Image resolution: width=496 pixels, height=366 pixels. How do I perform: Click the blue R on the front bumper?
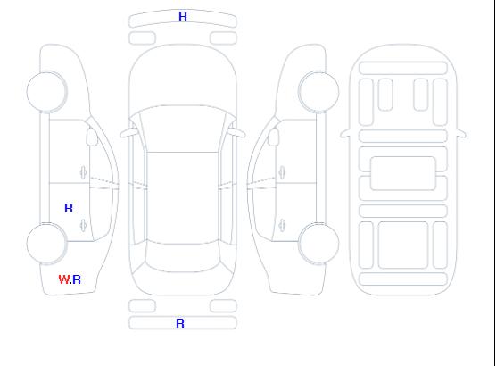pyautogui.click(x=183, y=16)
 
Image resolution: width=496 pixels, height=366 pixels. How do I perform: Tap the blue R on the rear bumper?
pyautogui.click(x=180, y=323)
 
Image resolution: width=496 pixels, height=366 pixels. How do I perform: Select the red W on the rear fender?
pyautogui.click(x=64, y=279)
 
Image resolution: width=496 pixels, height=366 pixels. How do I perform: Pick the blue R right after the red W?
pyautogui.click(x=77, y=279)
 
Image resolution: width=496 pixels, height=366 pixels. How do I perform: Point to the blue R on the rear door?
pyautogui.click(x=69, y=208)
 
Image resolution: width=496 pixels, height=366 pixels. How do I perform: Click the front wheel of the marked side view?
pyautogui.click(x=46, y=92)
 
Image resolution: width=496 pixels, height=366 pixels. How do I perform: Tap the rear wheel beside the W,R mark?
pyautogui.click(x=46, y=244)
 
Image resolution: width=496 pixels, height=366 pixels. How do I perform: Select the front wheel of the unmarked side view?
pyautogui.click(x=318, y=92)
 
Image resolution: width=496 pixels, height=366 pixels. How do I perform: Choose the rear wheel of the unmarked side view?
pyautogui.click(x=318, y=244)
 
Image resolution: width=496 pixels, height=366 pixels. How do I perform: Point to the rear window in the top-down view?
pyautogui.click(x=183, y=258)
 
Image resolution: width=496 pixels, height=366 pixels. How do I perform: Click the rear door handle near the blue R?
pyautogui.click(x=83, y=225)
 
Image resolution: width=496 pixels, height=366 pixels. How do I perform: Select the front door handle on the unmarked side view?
pyautogui.click(x=282, y=172)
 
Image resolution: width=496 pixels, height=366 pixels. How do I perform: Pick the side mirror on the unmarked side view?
pyautogui.click(x=273, y=137)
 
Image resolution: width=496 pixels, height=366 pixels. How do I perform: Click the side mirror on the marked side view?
pyautogui.click(x=92, y=137)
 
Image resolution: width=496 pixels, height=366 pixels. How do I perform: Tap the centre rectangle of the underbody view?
pyautogui.click(x=402, y=173)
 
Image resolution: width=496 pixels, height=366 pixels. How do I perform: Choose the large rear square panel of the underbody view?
pyautogui.click(x=402, y=245)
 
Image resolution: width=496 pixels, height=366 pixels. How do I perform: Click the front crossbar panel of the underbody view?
pyautogui.click(x=402, y=68)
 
